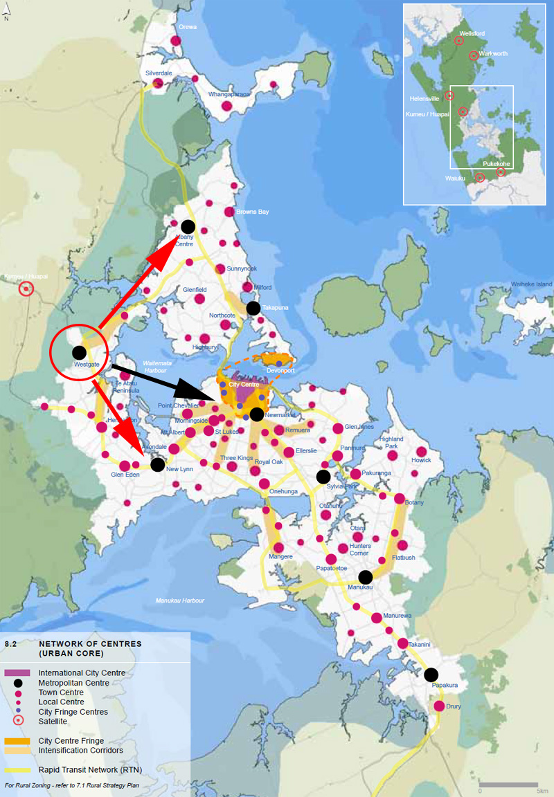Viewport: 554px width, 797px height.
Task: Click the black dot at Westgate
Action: (x=79, y=352)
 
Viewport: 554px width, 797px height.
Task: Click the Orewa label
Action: (x=188, y=27)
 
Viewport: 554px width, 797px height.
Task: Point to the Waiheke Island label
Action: (x=532, y=284)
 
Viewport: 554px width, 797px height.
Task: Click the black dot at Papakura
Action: (x=431, y=675)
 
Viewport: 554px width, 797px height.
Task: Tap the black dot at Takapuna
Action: (x=253, y=308)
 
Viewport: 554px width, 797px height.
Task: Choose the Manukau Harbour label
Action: (x=179, y=601)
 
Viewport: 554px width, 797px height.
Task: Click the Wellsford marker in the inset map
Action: (x=459, y=41)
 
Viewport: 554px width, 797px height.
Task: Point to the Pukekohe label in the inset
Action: (x=496, y=164)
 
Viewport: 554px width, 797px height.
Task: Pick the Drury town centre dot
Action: (x=439, y=706)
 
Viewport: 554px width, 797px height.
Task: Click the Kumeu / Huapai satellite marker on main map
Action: (x=26, y=288)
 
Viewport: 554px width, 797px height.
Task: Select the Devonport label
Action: (x=280, y=370)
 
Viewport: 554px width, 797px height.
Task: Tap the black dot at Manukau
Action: (x=366, y=577)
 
